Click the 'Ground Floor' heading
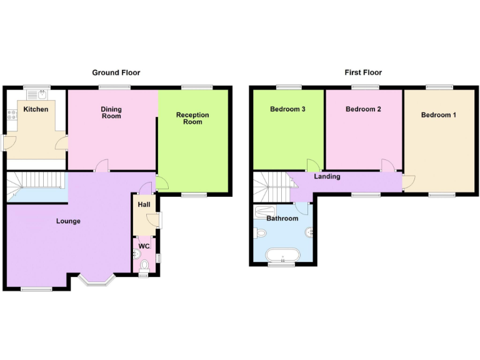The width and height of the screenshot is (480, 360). click(116, 72)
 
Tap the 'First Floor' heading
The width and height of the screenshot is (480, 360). click(362, 72)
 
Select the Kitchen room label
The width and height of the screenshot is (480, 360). click(36, 110)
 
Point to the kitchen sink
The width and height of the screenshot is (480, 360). click(41, 94)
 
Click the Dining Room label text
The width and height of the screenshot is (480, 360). click(111, 112)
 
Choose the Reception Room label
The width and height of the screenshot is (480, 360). click(192, 118)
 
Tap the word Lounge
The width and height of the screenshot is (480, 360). click(68, 221)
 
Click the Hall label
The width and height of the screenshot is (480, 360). click(144, 205)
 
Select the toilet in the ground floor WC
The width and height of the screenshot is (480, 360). click(144, 266)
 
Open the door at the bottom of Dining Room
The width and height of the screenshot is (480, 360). click(101, 166)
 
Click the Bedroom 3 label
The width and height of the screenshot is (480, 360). click(287, 109)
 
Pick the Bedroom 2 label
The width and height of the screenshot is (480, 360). click(363, 109)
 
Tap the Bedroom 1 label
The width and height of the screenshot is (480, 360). click(438, 115)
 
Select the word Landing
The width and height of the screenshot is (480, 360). click(327, 176)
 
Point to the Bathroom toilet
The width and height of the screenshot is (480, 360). click(261, 233)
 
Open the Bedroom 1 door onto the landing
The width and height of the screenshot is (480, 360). click(408, 182)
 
